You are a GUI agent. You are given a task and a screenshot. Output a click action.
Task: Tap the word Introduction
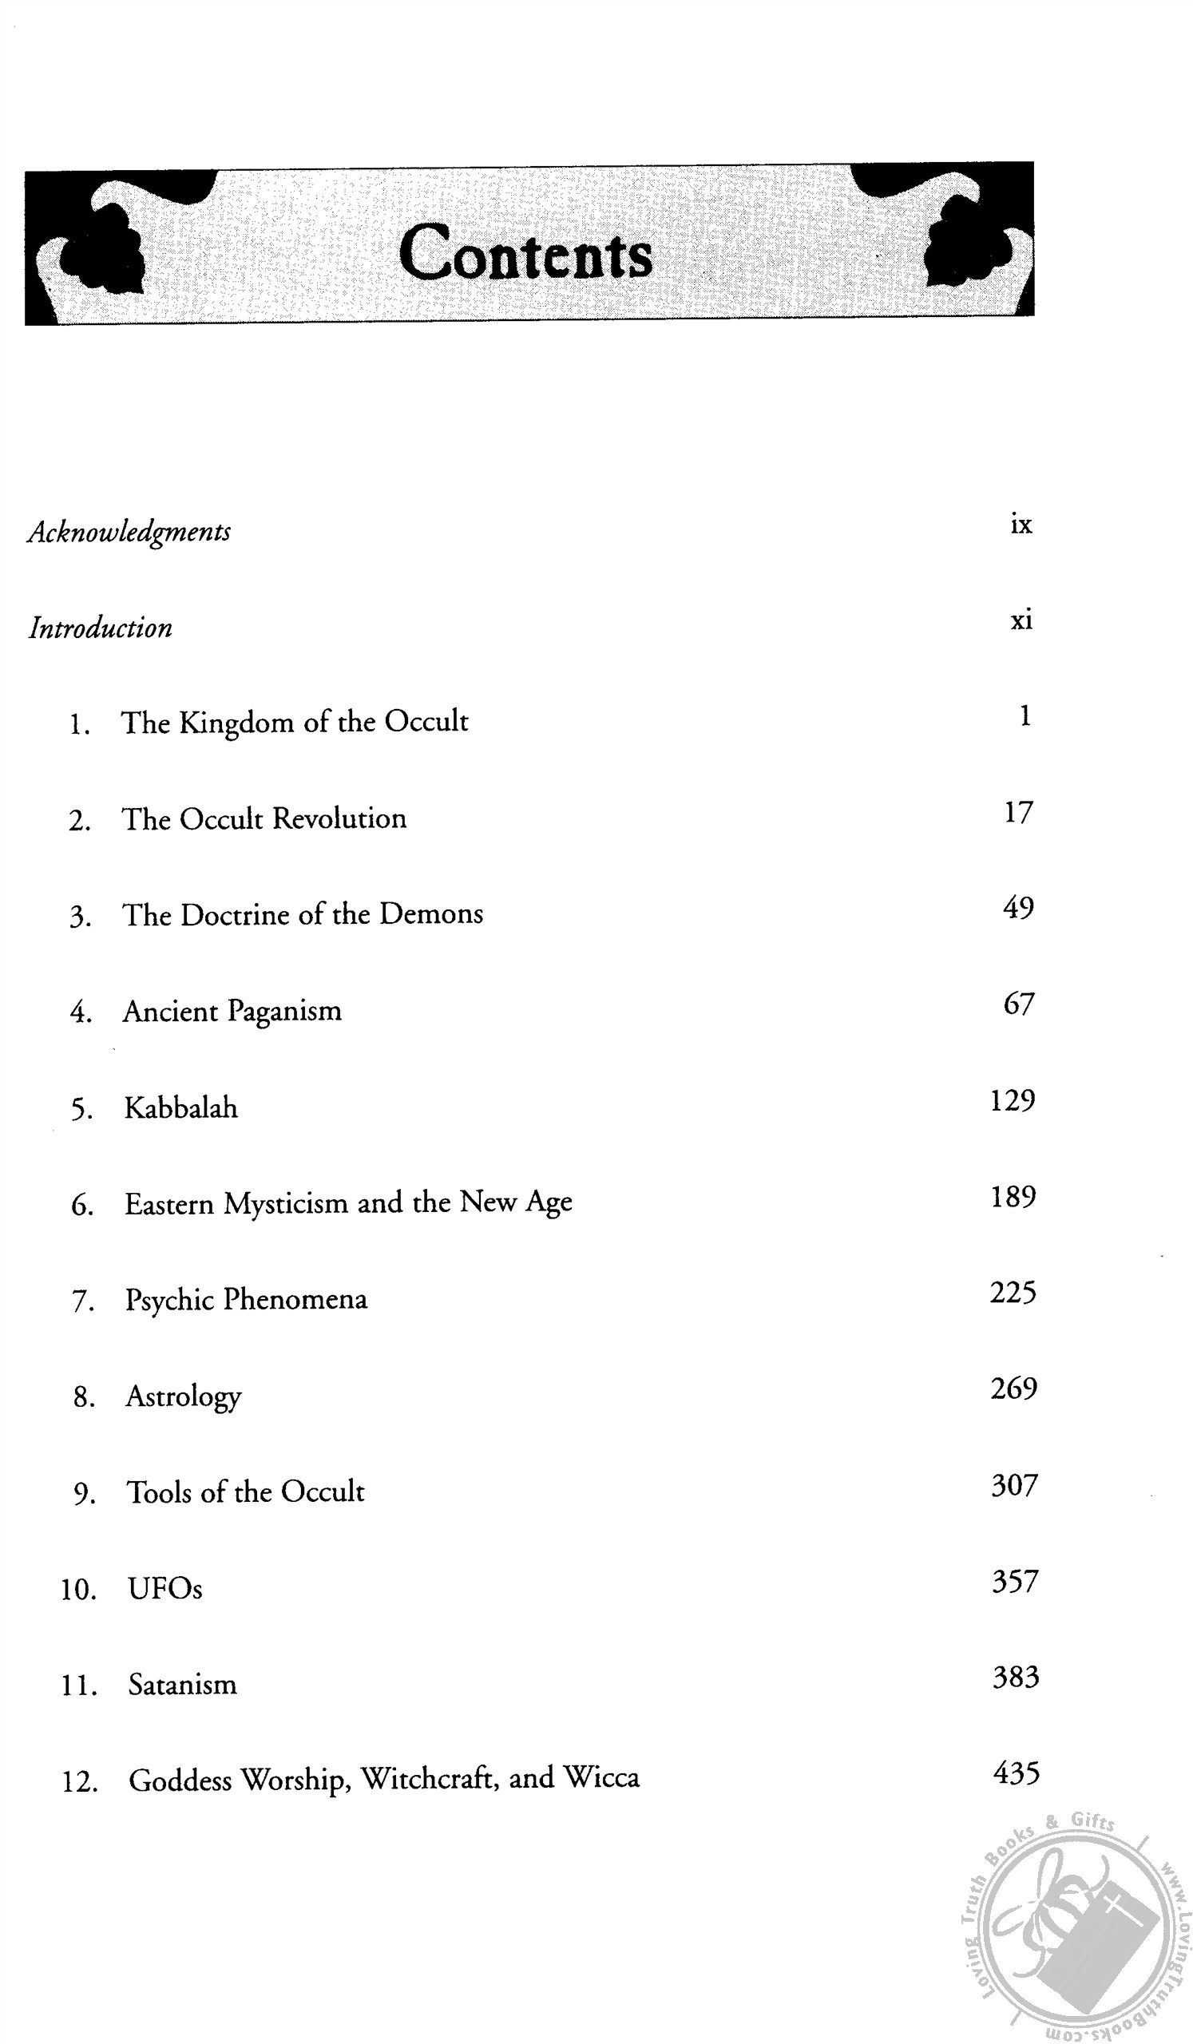click(101, 628)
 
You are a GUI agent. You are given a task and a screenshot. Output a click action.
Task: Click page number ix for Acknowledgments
click(1021, 525)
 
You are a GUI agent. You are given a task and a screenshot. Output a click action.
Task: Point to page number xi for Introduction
click(1021, 620)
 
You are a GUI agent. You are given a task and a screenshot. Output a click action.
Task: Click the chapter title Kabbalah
click(180, 1108)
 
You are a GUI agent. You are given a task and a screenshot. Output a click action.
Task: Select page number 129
click(1013, 1101)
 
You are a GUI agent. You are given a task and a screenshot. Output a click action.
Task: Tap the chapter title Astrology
click(184, 1396)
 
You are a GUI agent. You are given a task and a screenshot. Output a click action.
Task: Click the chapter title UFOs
click(164, 1588)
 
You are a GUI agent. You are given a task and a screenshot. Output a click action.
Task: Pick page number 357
click(1015, 1582)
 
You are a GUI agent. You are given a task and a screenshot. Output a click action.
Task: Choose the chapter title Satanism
click(183, 1685)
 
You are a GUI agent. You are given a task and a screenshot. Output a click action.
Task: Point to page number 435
click(1016, 1774)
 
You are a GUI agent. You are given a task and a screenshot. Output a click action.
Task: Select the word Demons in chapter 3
click(430, 914)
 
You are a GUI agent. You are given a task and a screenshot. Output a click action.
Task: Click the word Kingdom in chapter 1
click(236, 723)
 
